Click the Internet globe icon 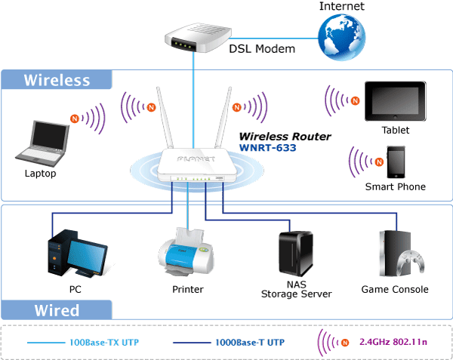click(x=342, y=37)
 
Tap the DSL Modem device click(x=198, y=38)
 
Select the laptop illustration click(x=42, y=143)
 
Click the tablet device click(x=395, y=101)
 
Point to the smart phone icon click(x=396, y=162)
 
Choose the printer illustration click(x=186, y=252)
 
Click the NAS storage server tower click(x=295, y=254)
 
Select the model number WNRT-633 click(x=268, y=148)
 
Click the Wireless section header click(x=57, y=80)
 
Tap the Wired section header click(x=57, y=310)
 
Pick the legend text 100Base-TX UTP click(x=104, y=343)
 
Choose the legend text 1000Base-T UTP click(x=250, y=343)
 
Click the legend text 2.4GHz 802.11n click(x=393, y=342)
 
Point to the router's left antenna click(x=165, y=118)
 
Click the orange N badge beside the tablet click(x=355, y=100)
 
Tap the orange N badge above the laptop click(x=75, y=118)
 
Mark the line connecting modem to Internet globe click(x=275, y=38)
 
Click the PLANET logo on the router click(x=196, y=159)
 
